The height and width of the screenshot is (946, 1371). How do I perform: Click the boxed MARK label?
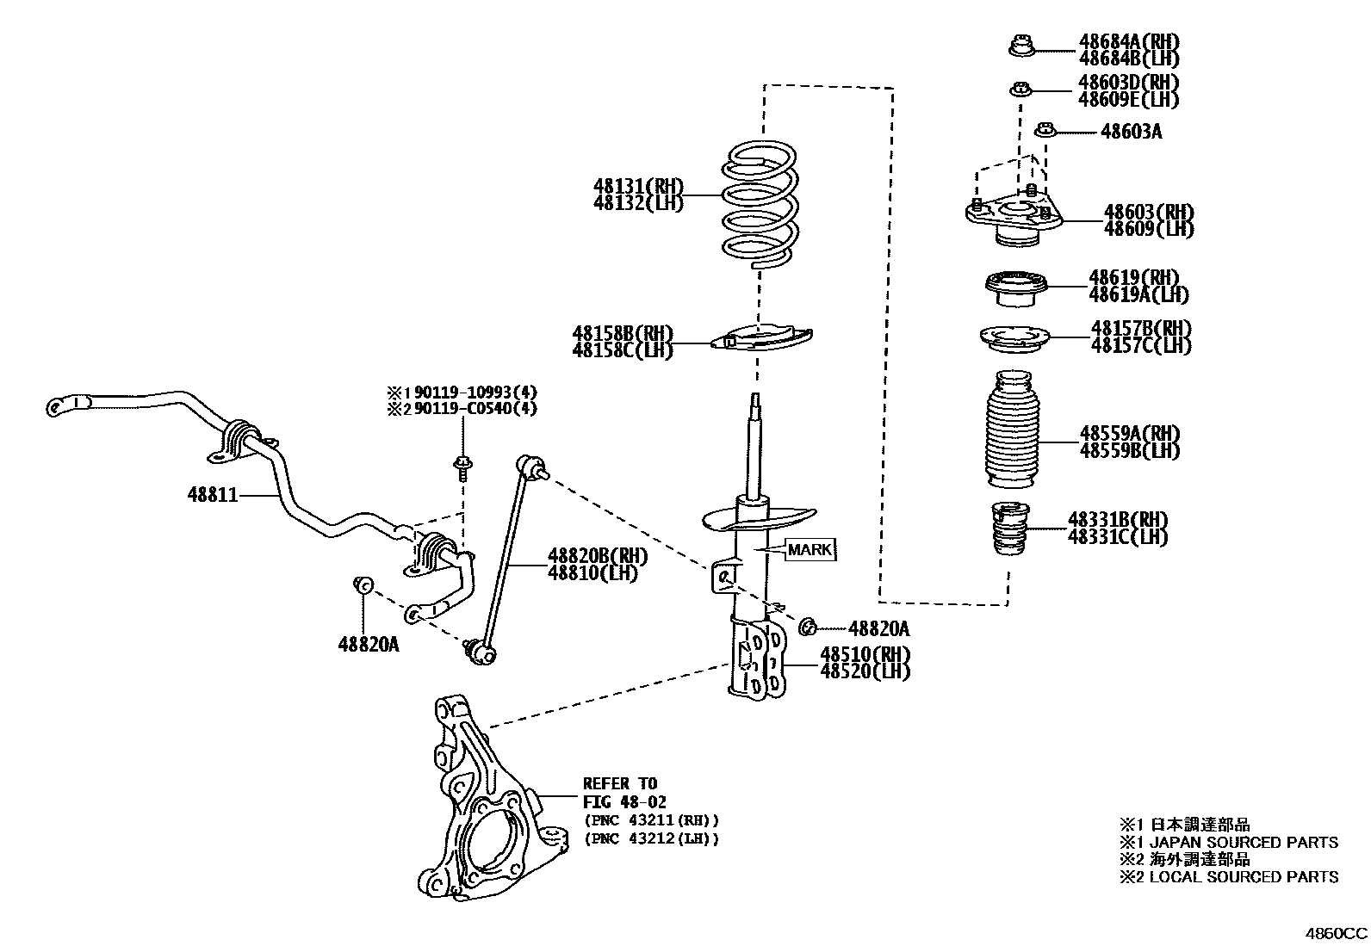coord(810,549)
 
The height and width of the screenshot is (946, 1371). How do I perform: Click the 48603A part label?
coord(1131,132)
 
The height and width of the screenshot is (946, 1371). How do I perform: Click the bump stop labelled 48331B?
coord(1009,527)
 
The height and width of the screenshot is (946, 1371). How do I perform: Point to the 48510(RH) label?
coord(865,653)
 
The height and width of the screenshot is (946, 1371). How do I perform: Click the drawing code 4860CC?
coord(1334,933)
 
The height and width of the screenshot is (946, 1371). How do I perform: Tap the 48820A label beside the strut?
coord(878,628)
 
